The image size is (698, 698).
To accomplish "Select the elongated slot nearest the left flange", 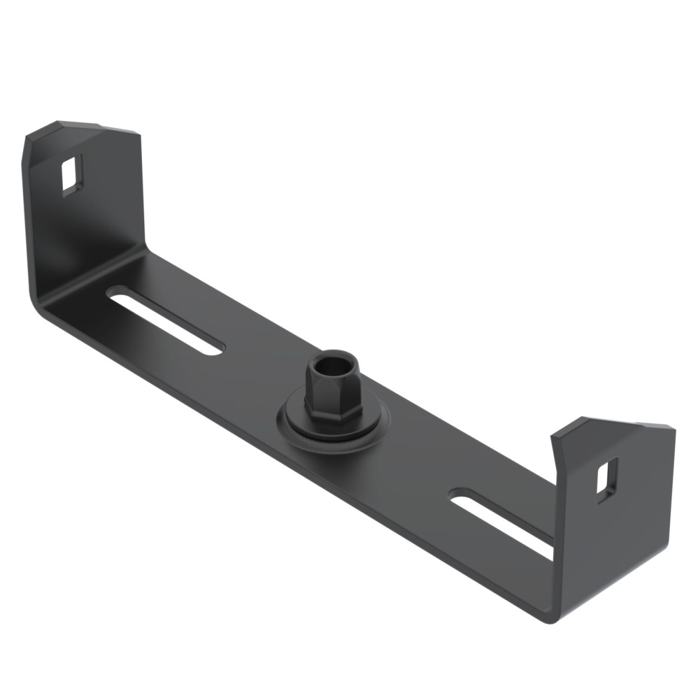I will (x=166, y=320).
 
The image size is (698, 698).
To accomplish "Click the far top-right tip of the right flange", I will (x=675, y=429).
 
